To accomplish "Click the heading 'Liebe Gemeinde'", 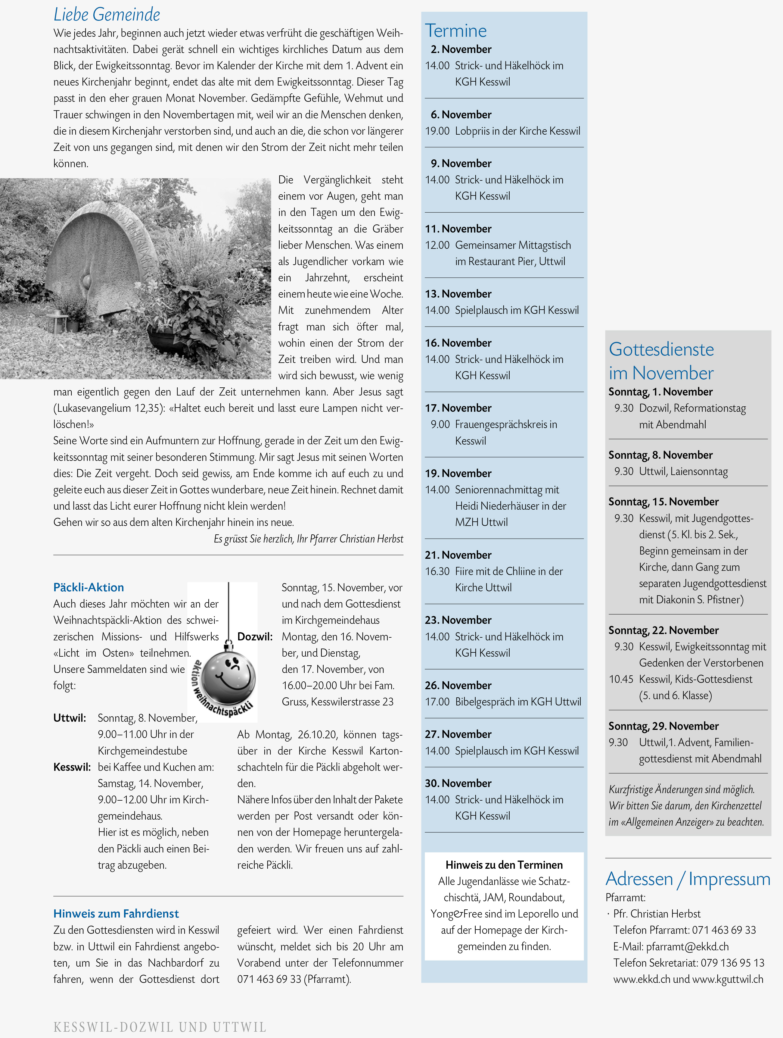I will [x=107, y=14].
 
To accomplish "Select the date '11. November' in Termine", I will [x=458, y=229].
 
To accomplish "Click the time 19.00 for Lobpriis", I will [x=437, y=131].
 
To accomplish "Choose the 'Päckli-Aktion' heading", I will [x=89, y=587].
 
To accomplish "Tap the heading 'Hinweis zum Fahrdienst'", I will [x=116, y=913].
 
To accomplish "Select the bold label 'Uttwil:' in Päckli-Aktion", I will [x=70, y=718].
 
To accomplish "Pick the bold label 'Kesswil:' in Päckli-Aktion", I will [x=72, y=767].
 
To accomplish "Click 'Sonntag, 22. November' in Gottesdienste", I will [x=663, y=630].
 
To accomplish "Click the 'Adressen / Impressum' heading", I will [x=687, y=878].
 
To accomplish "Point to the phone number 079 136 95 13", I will [x=732, y=963].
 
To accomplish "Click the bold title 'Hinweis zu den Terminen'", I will [x=504, y=865].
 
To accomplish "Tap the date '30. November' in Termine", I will [x=458, y=783].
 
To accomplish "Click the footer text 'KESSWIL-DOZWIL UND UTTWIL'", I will [x=160, y=1027].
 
